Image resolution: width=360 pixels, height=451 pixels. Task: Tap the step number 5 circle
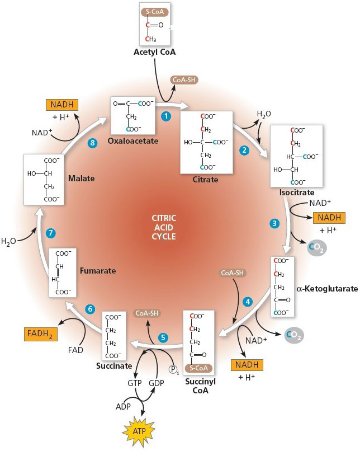[x=163, y=337]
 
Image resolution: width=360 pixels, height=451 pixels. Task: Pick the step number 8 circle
[x=93, y=143]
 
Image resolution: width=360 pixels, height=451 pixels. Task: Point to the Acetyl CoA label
[x=154, y=52]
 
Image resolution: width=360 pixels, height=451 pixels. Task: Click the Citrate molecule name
[x=205, y=180]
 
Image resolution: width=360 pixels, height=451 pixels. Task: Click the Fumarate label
[x=97, y=271]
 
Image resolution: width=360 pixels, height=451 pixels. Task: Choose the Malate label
[x=79, y=178]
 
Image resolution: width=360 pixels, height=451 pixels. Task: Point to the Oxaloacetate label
[x=134, y=140]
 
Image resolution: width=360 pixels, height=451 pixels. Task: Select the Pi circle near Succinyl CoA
[x=174, y=369]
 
